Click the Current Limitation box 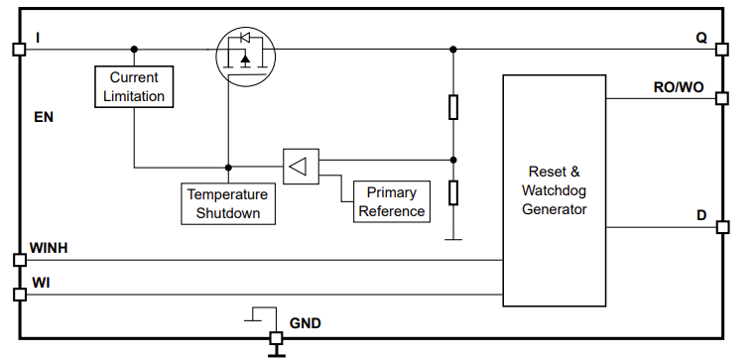point(134,86)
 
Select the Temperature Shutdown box point(227,203)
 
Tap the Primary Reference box point(391,201)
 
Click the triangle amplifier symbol point(299,166)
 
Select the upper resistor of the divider point(453,107)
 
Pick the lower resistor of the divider point(453,191)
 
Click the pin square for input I point(18,49)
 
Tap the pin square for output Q point(721,49)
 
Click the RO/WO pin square point(721,99)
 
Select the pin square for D point(721,227)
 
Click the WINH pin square point(18,260)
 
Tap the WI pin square point(18,295)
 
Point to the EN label point(44,117)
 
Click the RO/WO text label point(679,87)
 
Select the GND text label point(305,323)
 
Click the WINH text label point(49,247)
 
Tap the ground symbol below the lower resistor point(453,238)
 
